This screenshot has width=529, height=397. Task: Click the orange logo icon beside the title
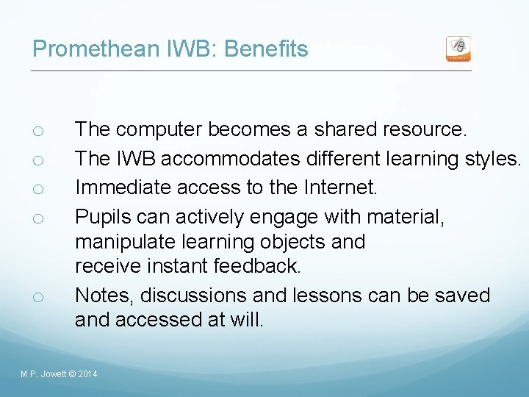458,49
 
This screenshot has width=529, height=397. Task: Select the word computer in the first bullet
159,129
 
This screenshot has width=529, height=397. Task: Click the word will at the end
247,320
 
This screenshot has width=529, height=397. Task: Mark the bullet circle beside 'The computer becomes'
39,131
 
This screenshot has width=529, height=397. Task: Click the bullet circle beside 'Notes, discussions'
39,297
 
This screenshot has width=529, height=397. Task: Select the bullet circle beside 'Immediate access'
39,189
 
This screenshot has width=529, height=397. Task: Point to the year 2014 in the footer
87,375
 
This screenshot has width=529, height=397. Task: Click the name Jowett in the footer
53,375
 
